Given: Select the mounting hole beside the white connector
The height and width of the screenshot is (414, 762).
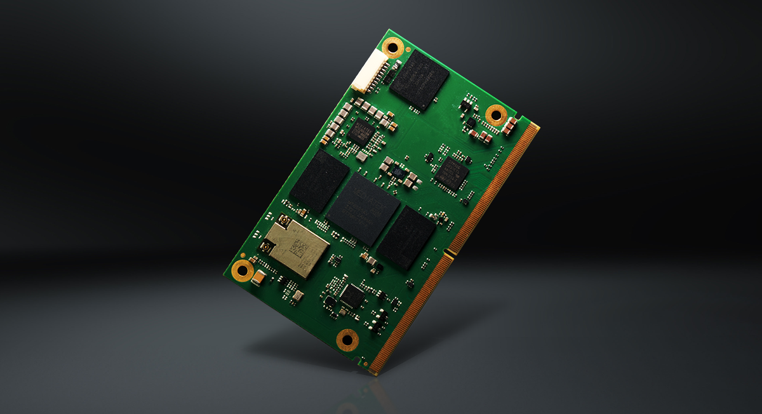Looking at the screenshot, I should [x=393, y=46].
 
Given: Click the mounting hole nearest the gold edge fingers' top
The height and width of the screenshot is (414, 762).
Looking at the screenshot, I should [x=496, y=114].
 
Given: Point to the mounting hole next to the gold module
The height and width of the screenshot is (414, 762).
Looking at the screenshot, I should [x=242, y=270].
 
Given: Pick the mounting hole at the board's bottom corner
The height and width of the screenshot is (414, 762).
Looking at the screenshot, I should [x=347, y=338].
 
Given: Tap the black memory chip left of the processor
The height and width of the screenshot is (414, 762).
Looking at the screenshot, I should [x=319, y=180].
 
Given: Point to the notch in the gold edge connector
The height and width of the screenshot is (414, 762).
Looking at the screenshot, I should [x=448, y=255].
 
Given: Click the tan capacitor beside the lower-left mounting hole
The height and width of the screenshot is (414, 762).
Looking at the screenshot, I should [x=258, y=277].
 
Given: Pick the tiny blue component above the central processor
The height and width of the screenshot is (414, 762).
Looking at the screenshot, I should [x=396, y=171].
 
